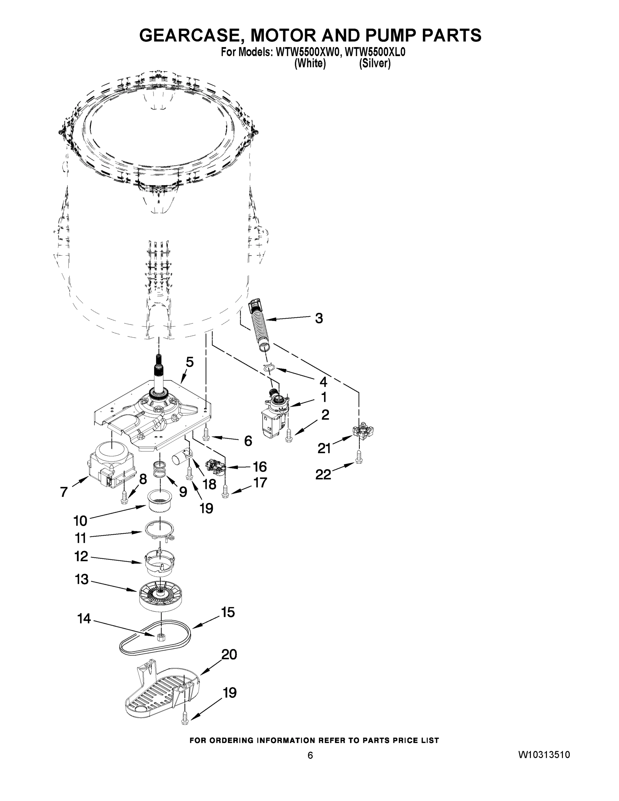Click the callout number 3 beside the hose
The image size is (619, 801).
tap(319, 318)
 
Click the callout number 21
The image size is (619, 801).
tap(324, 448)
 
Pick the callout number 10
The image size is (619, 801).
tap(80, 520)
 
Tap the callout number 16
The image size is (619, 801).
tap(260, 467)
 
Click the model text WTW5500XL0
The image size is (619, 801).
tap(375, 52)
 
